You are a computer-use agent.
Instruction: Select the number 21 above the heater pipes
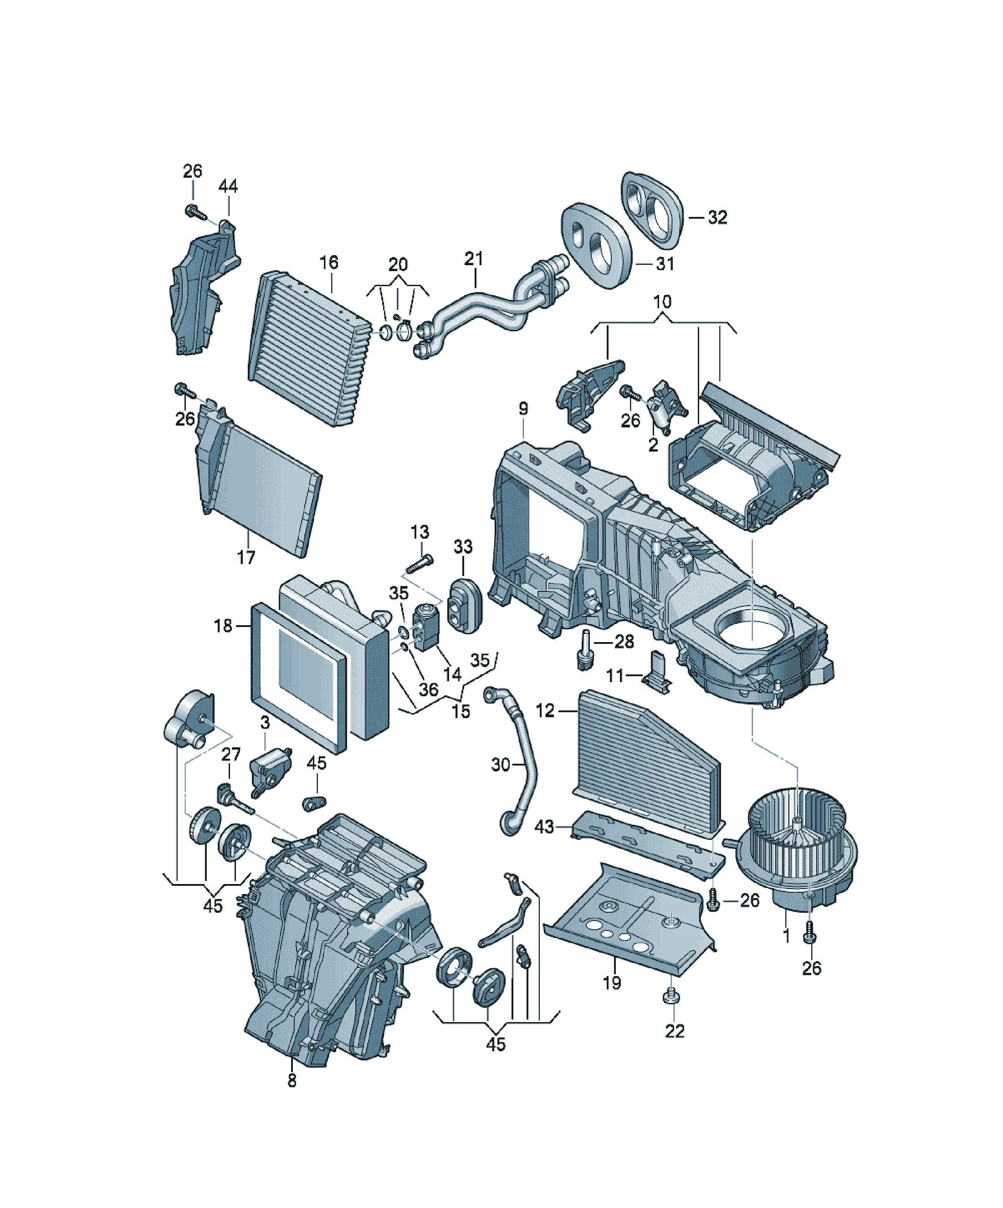coord(474,259)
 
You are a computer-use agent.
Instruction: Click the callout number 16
coord(329,262)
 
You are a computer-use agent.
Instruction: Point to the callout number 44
coord(228,186)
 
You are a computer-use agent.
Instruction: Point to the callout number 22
coord(675,1031)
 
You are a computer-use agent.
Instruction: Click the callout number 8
coord(292,1081)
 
